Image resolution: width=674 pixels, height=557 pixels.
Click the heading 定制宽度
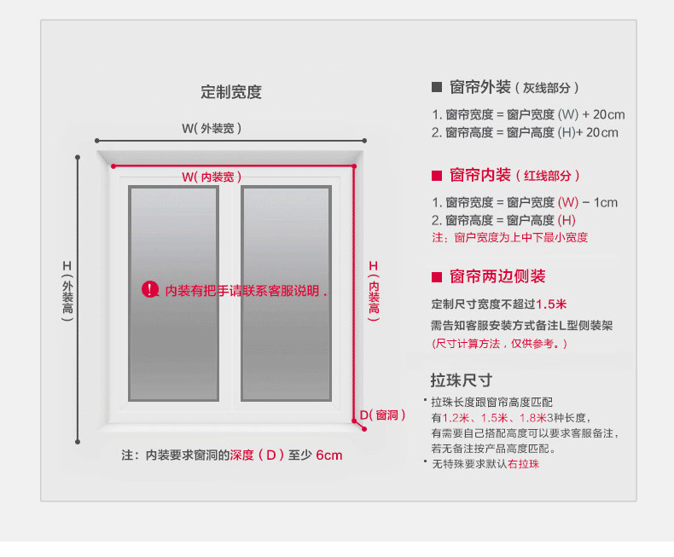(230, 92)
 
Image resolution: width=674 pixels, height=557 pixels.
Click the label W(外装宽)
(212, 128)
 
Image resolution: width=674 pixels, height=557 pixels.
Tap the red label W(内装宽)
(212, 177)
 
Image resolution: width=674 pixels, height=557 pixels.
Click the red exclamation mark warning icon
(150, 290)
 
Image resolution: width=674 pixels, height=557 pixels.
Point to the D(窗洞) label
(382, 415)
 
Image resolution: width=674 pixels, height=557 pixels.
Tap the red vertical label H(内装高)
(373, 287)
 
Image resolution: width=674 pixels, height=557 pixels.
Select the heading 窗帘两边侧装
(497, 276)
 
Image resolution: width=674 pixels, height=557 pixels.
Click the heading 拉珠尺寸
(462, 380)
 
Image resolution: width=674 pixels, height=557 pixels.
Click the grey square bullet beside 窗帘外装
(437, 87)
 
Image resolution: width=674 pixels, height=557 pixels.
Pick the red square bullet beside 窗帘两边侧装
(437, 276)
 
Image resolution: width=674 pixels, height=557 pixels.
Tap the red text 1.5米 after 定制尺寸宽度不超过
(552, 304)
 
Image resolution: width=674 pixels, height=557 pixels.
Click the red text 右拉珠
(523, 464)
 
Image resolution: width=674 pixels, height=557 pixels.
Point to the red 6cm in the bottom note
(328, 455)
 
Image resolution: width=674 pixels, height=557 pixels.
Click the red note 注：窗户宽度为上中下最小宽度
(509, 238)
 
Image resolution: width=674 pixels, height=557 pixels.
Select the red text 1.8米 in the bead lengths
(534, 417)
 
